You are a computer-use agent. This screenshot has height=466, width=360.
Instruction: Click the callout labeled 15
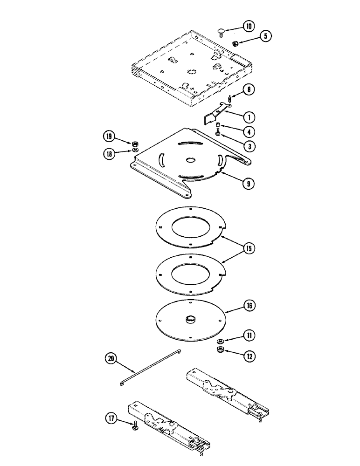[x=249, y=249]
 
